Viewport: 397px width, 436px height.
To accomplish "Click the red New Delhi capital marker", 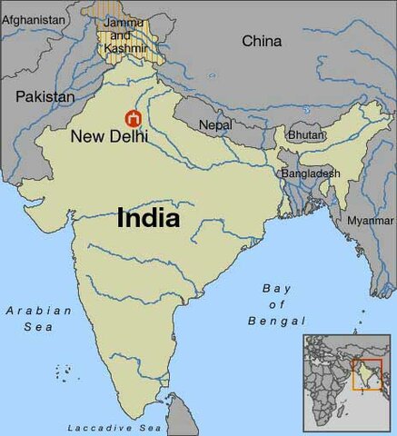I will click(133, 118).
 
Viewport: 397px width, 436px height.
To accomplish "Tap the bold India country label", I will click(148, 219).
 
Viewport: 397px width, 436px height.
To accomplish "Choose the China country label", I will click(262, 41).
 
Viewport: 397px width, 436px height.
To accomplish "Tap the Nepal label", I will click(214, 124).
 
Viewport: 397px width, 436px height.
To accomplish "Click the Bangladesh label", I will click(311, 173).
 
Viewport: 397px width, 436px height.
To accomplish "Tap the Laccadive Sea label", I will click(114, 427).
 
